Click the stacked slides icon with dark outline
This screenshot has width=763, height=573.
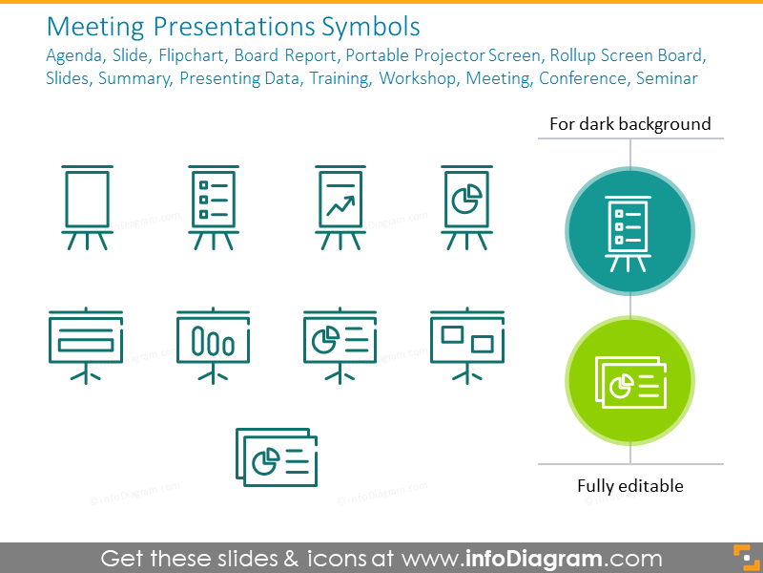pyautogui.click(x=277, y=456)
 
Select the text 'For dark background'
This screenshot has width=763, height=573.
pyautogui.click(x=629, y=123)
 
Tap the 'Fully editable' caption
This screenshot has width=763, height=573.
pyautogui.click(x=629, y=486)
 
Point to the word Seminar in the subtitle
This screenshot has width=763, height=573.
pyautogui.click(x=663, y=78)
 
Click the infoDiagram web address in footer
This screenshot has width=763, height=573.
pyautogui.click(x=531, y=558)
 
